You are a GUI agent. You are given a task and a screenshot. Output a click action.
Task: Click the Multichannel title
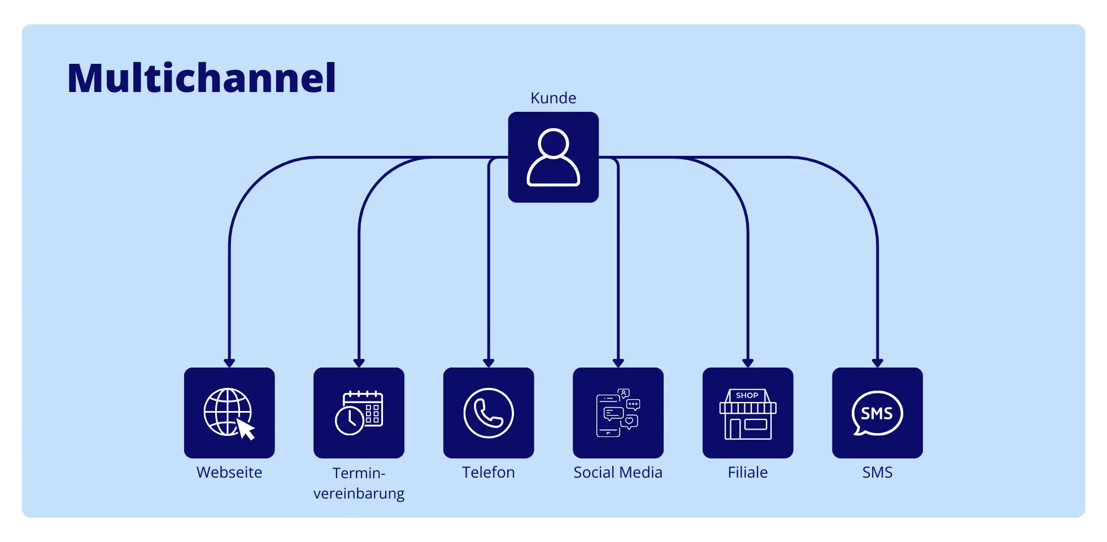(202, 78)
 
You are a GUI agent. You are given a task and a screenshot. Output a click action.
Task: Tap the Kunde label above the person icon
(553, 98)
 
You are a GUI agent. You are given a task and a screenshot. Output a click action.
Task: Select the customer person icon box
(553, 157)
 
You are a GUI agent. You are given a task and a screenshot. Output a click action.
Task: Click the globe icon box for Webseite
(229, 413)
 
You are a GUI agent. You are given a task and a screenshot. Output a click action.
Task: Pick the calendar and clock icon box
(359, 413)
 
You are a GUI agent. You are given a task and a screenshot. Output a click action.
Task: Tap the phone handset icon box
(489, 413)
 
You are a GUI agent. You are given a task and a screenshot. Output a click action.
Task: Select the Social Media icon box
(618, 413)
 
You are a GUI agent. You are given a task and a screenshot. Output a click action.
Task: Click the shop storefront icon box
(748, 413)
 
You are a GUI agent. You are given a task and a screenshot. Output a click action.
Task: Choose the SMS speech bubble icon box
(877, 413)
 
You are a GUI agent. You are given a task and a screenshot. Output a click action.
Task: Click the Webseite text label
(229, 473)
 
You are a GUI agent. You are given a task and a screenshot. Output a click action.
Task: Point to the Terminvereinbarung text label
(359, 483)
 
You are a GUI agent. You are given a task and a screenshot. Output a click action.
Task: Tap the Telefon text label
(489, 473)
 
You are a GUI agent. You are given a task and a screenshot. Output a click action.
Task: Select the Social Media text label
(618, 473)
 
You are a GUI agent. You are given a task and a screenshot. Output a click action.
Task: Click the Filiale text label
(748, 473)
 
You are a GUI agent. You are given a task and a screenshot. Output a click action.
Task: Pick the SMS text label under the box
(877, 473)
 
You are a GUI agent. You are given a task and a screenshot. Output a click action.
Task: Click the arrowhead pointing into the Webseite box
(229, 363)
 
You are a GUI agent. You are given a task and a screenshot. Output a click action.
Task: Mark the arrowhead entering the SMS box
(877, 363)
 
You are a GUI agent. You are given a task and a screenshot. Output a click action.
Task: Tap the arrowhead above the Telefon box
(489, 363)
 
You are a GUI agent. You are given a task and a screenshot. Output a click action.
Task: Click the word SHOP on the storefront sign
(747, 395)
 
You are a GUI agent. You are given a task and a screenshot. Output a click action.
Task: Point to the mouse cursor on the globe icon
(246, 429)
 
